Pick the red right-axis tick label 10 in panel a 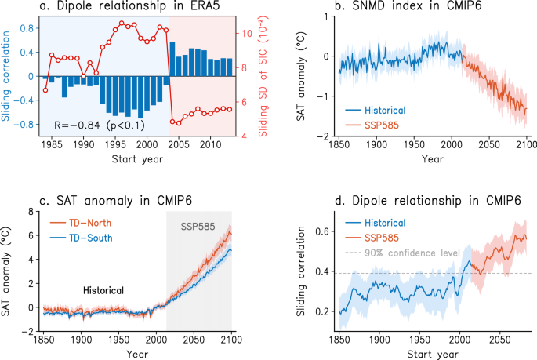245,34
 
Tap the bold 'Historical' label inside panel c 104,290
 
